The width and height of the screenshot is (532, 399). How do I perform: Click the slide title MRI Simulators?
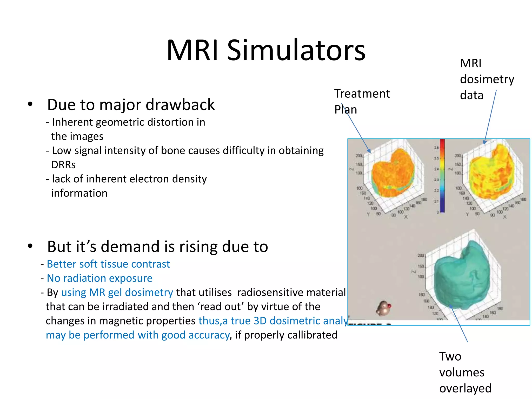[266, 50]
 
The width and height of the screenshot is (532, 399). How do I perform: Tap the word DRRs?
[63, 165]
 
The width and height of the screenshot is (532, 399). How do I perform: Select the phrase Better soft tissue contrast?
[108, 264]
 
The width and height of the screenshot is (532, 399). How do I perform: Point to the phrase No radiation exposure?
[99, 278]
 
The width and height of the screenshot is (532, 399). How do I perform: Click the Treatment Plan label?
[362, 101]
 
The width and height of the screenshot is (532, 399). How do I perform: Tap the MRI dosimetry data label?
[486, 79]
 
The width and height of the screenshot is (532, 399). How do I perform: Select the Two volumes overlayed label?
[465, 372]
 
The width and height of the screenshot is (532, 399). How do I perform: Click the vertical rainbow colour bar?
[442, 175]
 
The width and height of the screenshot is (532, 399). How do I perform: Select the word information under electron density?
[79, 193]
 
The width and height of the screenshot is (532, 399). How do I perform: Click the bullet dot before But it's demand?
[30, 246]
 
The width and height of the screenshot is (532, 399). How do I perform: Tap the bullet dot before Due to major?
[30, 104]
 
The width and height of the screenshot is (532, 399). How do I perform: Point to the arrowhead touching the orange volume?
[369, 151]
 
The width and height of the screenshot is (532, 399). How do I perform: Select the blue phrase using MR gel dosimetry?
[117, 292]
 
